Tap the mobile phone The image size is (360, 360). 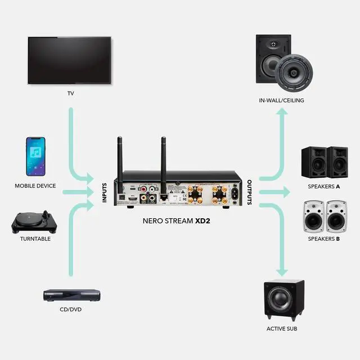(35, 157)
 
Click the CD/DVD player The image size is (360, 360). (71, 295)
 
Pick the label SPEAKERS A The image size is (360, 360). (323, 186)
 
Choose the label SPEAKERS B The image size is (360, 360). (323, 238)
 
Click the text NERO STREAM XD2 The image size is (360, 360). (179, 222)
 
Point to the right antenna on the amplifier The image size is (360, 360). (163, 157)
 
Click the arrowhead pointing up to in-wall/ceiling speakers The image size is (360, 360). (281, 112)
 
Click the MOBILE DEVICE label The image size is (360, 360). (35, 186)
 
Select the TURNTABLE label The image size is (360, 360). (35, 238)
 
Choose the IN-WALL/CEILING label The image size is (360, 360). (281, 101)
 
